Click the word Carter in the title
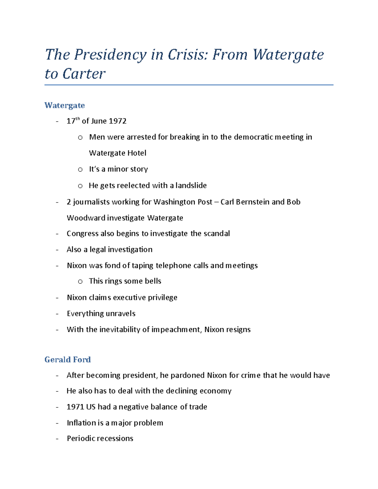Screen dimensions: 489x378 pyautogui.click(x=84, y=74)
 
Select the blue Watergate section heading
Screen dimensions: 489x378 pyautogui.click(x=65, y=105)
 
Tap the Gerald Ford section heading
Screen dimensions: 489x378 pyautogui.click(x=67, y=360)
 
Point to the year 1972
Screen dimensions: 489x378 pyautogui.click(x=117, y=121)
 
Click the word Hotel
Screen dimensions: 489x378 pyautogui.click(x=136, y=153)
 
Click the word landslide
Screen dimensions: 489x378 pyautogui.click(x=191, y=185)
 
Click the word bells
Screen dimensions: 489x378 pyautogui.click(x=153, y=281)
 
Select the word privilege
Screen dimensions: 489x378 pyautogui.click(x=163, y=298)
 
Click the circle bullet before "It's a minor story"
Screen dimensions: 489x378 pyautogui.click(x=80, y=169)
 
